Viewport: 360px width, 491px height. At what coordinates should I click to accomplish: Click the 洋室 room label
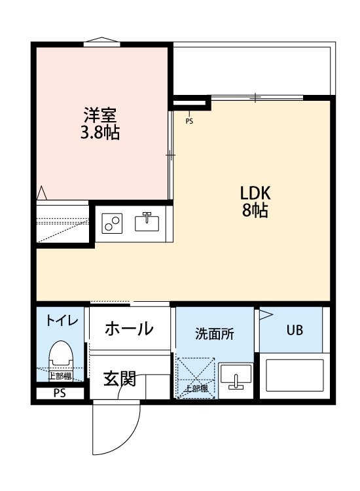(100, 115)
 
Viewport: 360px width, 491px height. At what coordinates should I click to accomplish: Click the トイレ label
(62, 321)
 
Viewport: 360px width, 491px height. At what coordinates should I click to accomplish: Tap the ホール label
(129, 328)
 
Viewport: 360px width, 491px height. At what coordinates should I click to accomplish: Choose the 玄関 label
(120, 378)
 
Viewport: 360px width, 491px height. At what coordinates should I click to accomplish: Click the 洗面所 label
(214, 333)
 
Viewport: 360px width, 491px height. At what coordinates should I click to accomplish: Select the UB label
(294, 330)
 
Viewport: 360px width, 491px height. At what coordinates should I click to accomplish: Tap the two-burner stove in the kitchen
(112, 224)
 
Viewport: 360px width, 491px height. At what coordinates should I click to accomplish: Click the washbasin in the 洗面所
(236, 378)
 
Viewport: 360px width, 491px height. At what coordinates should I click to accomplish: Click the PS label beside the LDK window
(190, 121)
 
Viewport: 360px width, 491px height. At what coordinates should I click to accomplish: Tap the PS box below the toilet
(60, 393)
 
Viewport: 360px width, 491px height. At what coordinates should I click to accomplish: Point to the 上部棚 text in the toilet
(60, 376)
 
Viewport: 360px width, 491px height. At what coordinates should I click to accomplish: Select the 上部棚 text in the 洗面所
(196, 389)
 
